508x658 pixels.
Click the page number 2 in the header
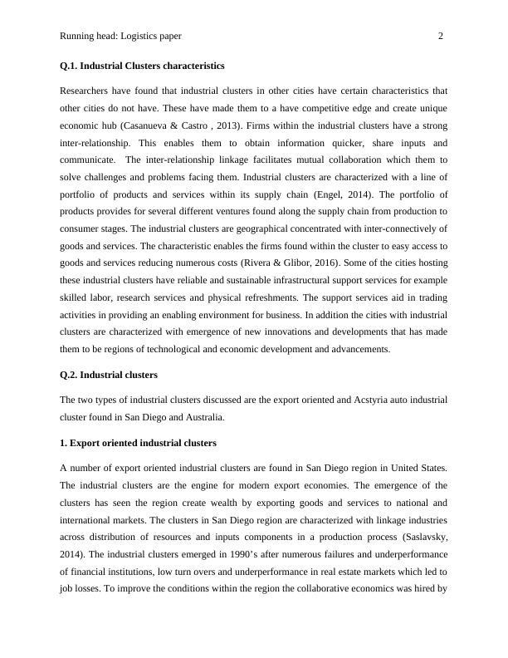[440, 37]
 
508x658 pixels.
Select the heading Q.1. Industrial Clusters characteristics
[142, 65]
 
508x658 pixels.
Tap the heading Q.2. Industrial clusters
[108, 375]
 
